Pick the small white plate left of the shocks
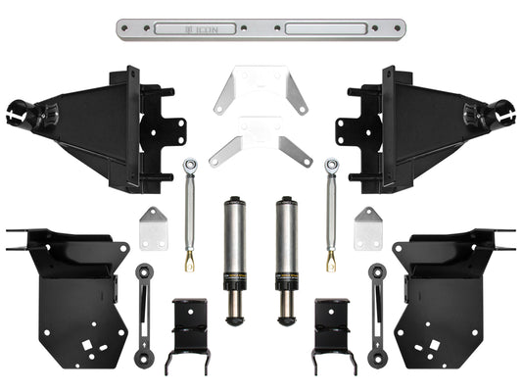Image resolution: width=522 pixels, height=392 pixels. (152, 227)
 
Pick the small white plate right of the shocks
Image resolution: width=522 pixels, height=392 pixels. (368, 227)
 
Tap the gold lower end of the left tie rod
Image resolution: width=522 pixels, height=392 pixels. (189, 260)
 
